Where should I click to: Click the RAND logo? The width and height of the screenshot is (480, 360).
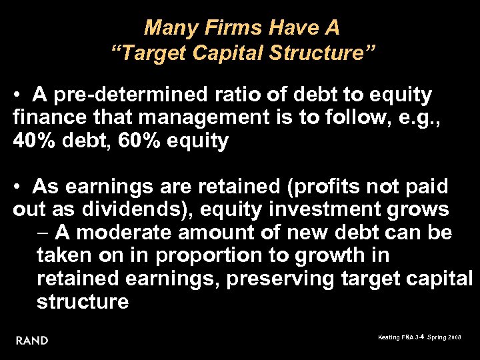(32, 340)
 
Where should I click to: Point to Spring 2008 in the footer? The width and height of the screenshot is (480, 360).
(445, 338)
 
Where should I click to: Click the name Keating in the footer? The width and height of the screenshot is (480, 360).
(389, 338)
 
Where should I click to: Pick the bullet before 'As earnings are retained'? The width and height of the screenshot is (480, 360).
(22, 187)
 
